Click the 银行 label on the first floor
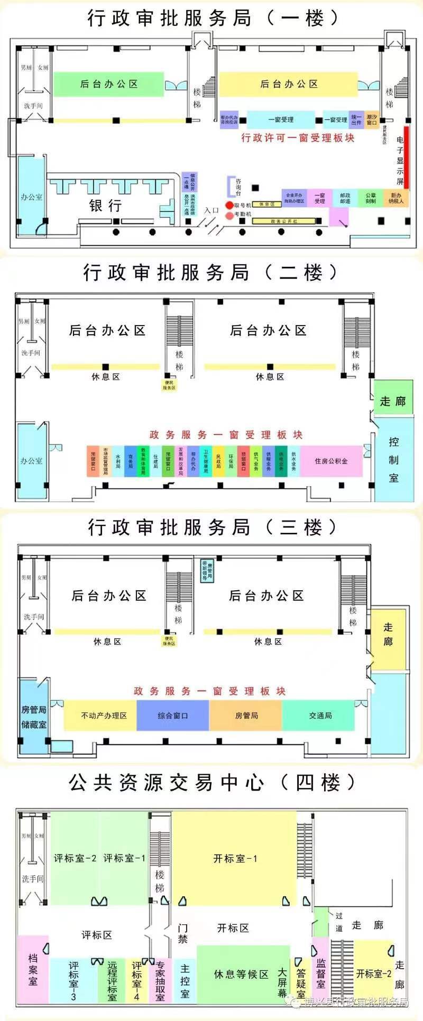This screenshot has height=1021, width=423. tap(105, 205)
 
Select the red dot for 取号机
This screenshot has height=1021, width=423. tap(229, 205)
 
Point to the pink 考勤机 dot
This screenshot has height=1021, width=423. tap(229, 215)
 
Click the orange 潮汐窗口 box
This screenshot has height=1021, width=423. tap(372, 120)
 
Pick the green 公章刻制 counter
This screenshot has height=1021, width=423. tap(371, 198)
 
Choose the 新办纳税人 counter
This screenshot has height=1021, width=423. tap(396, 198)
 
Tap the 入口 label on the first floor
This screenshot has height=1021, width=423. tap(212, 210)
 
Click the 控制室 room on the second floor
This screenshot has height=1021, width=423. tap(393, 460)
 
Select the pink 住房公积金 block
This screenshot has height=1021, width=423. tap(331, 461)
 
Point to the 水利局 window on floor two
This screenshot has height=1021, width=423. tap(118, 461)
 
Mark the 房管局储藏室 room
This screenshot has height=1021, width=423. tap(34, 717)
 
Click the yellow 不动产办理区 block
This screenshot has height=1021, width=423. tap(104, 716)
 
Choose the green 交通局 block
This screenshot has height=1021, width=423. tap(320, 716)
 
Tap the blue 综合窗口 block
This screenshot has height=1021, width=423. tap(173, 716)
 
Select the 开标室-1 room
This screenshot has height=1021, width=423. tap(235, 859)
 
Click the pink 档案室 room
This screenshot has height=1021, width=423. tap(33, 969)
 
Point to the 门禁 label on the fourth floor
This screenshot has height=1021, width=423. tap(183, 933)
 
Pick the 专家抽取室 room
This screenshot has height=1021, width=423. tap(160, 981)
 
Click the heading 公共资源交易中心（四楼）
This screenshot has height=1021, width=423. tap(212, 783)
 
